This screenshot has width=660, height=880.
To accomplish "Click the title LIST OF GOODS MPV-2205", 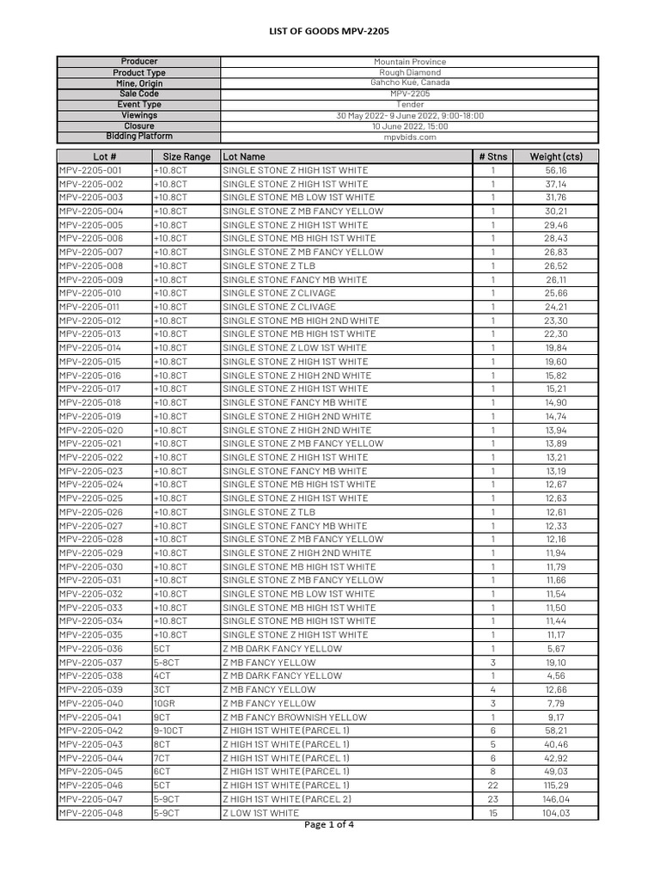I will click(x=330, y=32).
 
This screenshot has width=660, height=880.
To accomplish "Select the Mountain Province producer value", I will click(x=409, y=62).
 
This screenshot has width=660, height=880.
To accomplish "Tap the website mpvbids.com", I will click(x=409, y=137).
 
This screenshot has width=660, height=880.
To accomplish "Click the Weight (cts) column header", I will click(x=556, y=156).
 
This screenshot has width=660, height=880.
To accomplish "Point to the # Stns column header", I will click(x=493, y=156).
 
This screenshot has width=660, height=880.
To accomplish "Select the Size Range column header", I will click(x=186, y=156).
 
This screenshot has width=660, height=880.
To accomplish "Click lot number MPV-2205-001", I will click(x=91, y=170).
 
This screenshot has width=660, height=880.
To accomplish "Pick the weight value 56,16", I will click(x=556, y=170).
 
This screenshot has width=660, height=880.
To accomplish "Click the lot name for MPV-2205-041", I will click(x=294, y=717).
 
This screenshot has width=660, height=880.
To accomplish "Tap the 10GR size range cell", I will click(x=162, y=703).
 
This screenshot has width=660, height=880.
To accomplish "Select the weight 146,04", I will click(x=556, y=799).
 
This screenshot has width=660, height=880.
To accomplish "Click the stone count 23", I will click(x=493, y=799).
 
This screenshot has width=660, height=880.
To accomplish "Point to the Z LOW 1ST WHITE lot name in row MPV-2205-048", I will click(x=261, y=813).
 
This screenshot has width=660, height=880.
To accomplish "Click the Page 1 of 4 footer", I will click(x=329, y=826).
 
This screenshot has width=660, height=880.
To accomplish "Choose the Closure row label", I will click(x=138, y=125).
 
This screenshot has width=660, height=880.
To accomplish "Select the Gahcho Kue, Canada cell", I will click(x=409, y=83).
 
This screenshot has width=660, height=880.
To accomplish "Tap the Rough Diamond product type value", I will click(x=409, y=73).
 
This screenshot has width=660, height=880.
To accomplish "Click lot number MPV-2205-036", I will click(x=91, y=649).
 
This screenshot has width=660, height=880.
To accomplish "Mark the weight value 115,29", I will click(x=556, y=785).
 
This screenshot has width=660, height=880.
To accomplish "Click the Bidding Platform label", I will click(x=138, y=137).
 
